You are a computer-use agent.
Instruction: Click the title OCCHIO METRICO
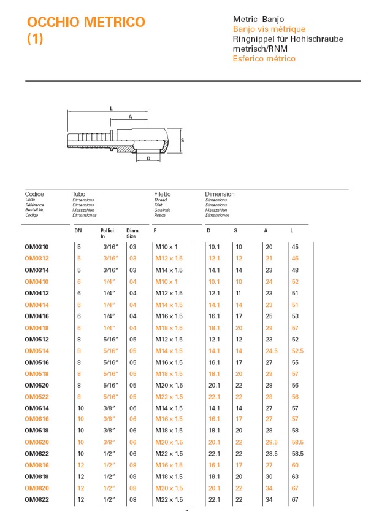tap(86, 23)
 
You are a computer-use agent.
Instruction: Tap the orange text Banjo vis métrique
tap(269, 29)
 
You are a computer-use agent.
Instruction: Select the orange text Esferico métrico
tap(264, 58)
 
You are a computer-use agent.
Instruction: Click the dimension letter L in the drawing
tap(111, 107)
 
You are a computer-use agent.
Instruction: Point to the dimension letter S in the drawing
tap(183, 140)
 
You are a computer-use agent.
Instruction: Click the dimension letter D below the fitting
tap(148, 159)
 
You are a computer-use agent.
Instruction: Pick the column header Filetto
tap(163, 194)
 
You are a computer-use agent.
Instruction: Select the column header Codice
tap(34, 194)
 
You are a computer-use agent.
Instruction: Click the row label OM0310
tap(37, 246)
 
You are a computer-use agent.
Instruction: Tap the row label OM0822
tap(37, 499)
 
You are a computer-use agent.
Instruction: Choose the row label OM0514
tap(37, 351)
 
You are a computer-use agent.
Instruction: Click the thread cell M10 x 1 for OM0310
tap(166, 246)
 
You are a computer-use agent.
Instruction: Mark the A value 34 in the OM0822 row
tap(268, 499)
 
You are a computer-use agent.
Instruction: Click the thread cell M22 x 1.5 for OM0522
tap(169, 396)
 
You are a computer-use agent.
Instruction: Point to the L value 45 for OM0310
tap(295, 246)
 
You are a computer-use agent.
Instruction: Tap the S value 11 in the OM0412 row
tap(239, 293)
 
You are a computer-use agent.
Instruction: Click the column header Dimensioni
tap(220, 194)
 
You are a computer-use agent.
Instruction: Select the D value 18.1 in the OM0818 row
tap(214, 476)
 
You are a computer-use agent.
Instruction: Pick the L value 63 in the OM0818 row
tap(295, 476)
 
